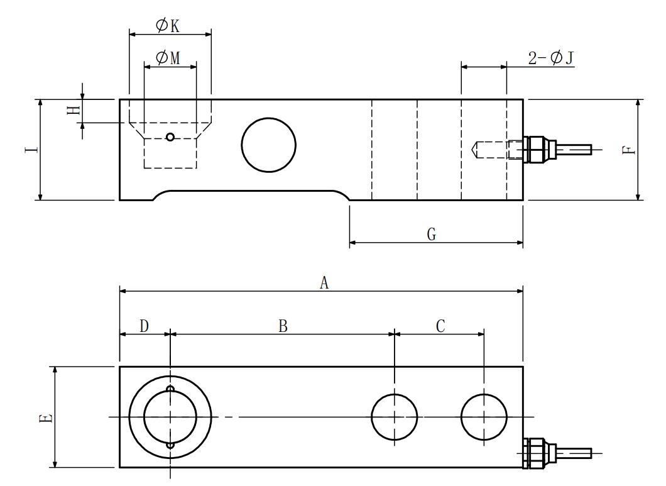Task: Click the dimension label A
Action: pyautogui.click(x=324, y=284)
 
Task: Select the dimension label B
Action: pyautogui.click(x=283, y=326)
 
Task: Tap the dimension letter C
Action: pyautogui.click(x=440, y=326)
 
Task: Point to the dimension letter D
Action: pyautogui.click(x=144, y=326)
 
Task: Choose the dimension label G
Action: pyautogui.click(x=432, y=235)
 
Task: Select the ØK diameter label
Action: pyautogui.click(x=168, y=26)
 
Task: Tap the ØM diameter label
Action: pyautogui.click(x=168, y=58)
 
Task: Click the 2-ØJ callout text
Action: pyautogui.click(x=550, y=58)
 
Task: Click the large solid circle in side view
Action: pyautogui.click(x=268, y=145)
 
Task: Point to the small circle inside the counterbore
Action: pyautogui.click(x=170, y=137)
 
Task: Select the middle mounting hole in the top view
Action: pyautogui.click(x=395, y=417)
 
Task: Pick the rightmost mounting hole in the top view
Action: pyautogui.click(x=484, y=417)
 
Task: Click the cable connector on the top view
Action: pyautogui.click(x=539, y=452)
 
